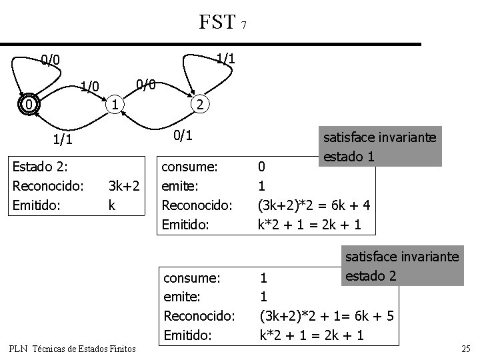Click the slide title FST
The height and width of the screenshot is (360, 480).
tap(217, 22)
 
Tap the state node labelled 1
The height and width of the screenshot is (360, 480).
tap(115, 104)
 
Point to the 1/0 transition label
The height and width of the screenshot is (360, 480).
tap(89, 86)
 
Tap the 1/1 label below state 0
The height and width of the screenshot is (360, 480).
tap(62, 139)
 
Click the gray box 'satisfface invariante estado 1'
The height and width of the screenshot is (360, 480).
tap(379, 147)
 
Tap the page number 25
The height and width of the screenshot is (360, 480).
tap(465, 348)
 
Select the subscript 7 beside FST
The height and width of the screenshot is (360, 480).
tap(244, 26)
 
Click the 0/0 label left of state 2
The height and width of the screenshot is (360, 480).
tap(145, 85)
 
